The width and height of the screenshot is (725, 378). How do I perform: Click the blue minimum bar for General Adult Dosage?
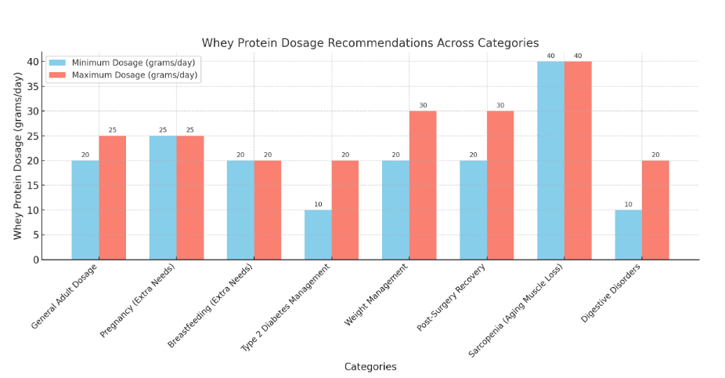(85, 209)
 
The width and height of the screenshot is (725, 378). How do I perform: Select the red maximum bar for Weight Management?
(423, 185)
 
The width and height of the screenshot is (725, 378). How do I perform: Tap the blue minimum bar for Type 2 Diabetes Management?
(318, 234)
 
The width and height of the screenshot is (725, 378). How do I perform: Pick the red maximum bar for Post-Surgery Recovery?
(500, 185)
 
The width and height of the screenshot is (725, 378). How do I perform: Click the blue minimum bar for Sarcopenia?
(550, 160)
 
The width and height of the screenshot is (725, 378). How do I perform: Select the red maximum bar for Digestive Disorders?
(655, 209)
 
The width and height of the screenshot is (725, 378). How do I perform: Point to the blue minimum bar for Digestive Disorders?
(628, 234)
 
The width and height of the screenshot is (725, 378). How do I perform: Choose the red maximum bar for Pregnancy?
(190, 198)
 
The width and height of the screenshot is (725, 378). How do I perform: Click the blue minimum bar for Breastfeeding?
(240, 209)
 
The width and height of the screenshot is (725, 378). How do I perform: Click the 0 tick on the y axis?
(35, 260)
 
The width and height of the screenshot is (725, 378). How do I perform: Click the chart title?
(370, 42)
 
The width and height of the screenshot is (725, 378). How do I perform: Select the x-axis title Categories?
(370, 366)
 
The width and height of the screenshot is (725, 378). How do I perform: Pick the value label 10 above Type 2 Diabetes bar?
(318, 205)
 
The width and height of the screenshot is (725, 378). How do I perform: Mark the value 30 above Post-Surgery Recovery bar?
(500, 106)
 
